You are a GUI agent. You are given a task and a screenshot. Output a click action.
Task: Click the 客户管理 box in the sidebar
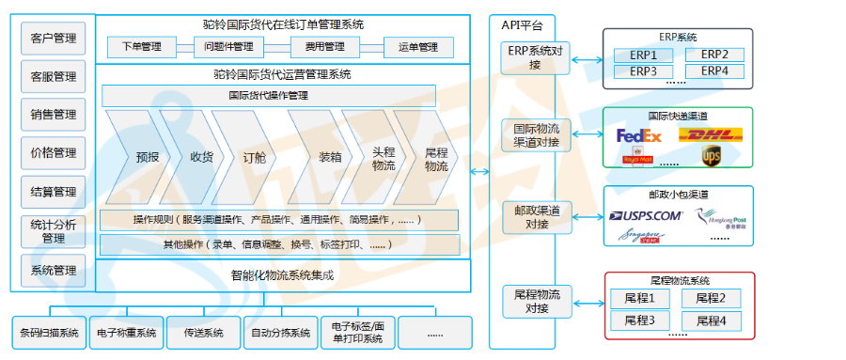(53, 39)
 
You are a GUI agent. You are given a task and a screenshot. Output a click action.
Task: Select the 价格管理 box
(53, 152)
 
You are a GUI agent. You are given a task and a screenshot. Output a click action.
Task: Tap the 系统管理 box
(53, 271)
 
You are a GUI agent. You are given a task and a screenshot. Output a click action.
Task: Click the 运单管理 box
(418, 46)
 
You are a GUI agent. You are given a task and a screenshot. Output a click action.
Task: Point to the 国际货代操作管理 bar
(269, 95)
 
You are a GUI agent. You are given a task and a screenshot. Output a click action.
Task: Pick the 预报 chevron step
(147, 157)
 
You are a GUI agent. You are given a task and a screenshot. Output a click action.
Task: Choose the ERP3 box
(643, 70)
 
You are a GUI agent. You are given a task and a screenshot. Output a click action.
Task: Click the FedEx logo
(639, 136)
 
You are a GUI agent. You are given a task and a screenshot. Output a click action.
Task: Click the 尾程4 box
(711, 321)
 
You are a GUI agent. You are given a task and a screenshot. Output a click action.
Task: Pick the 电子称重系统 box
(126, 333)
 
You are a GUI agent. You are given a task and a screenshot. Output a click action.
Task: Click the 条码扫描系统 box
(50, 333)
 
